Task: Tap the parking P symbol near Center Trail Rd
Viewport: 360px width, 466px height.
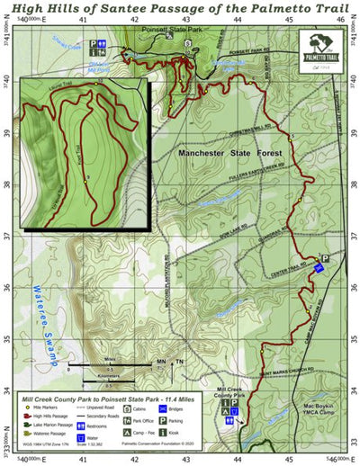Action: (325, 258)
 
